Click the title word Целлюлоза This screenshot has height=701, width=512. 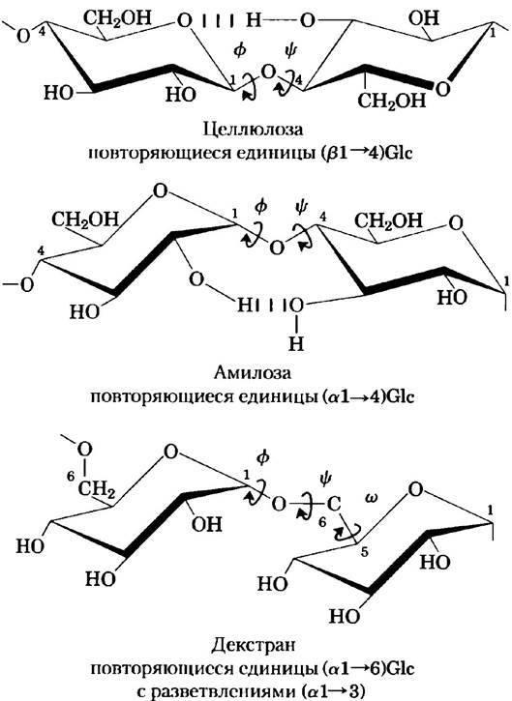[x=254, y=131]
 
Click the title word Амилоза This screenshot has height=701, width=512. [x=253, y=373]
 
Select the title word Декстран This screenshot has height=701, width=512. [x=254, y=646]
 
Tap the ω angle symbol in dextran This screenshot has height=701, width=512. [x=371, y=498]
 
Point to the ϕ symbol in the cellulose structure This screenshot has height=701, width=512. [x=240, y=50]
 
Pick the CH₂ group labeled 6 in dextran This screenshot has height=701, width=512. [x=97, y=489]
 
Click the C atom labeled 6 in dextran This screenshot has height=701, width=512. [x=334, y=505]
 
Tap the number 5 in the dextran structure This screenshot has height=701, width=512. [x=364, y=552]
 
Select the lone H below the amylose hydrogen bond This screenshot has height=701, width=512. [x=296, y=343]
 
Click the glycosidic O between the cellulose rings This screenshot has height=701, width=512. [x=268, y=72]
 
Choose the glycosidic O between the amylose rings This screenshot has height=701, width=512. [x=277, y=248]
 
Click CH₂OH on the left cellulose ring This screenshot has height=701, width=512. [x=118, y=17]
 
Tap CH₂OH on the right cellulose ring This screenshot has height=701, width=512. [x=392, y=101]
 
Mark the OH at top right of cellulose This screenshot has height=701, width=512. [x=423, y=17]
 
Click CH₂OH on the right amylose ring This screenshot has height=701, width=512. [x=388, y=220]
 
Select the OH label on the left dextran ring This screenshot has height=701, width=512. [x=207, y=524]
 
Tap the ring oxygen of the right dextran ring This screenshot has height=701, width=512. [x=416, y=490]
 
